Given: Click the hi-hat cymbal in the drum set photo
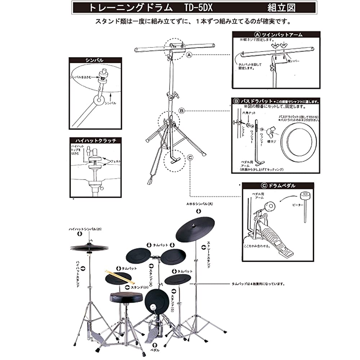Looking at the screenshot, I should (89, 247).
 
